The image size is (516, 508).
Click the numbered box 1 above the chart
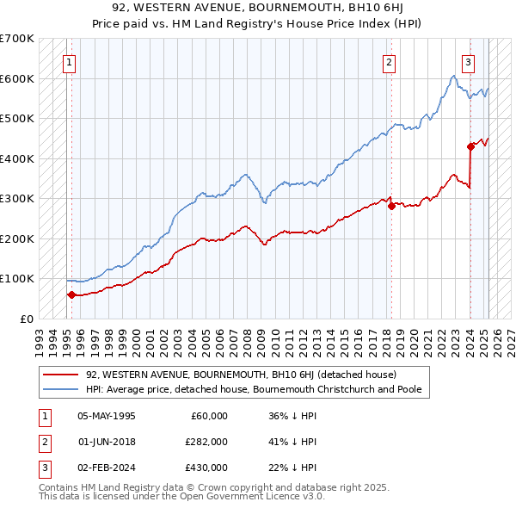coord(68,61)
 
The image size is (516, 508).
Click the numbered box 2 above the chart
coord(390,61)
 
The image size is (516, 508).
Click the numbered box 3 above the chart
coord(469,61)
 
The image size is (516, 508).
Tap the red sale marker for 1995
coord(71,294)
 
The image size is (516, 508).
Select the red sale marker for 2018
coord(391,206)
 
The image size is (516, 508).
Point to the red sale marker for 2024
coord(471,146)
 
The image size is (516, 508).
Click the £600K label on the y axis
coord(16,78)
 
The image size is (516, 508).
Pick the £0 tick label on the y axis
coord(27,319)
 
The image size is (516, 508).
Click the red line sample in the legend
coord(61,375)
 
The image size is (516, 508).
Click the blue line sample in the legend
coord(61,389)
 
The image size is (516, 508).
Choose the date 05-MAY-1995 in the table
coord(107,416)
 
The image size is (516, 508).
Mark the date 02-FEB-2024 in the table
coord(107,468)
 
